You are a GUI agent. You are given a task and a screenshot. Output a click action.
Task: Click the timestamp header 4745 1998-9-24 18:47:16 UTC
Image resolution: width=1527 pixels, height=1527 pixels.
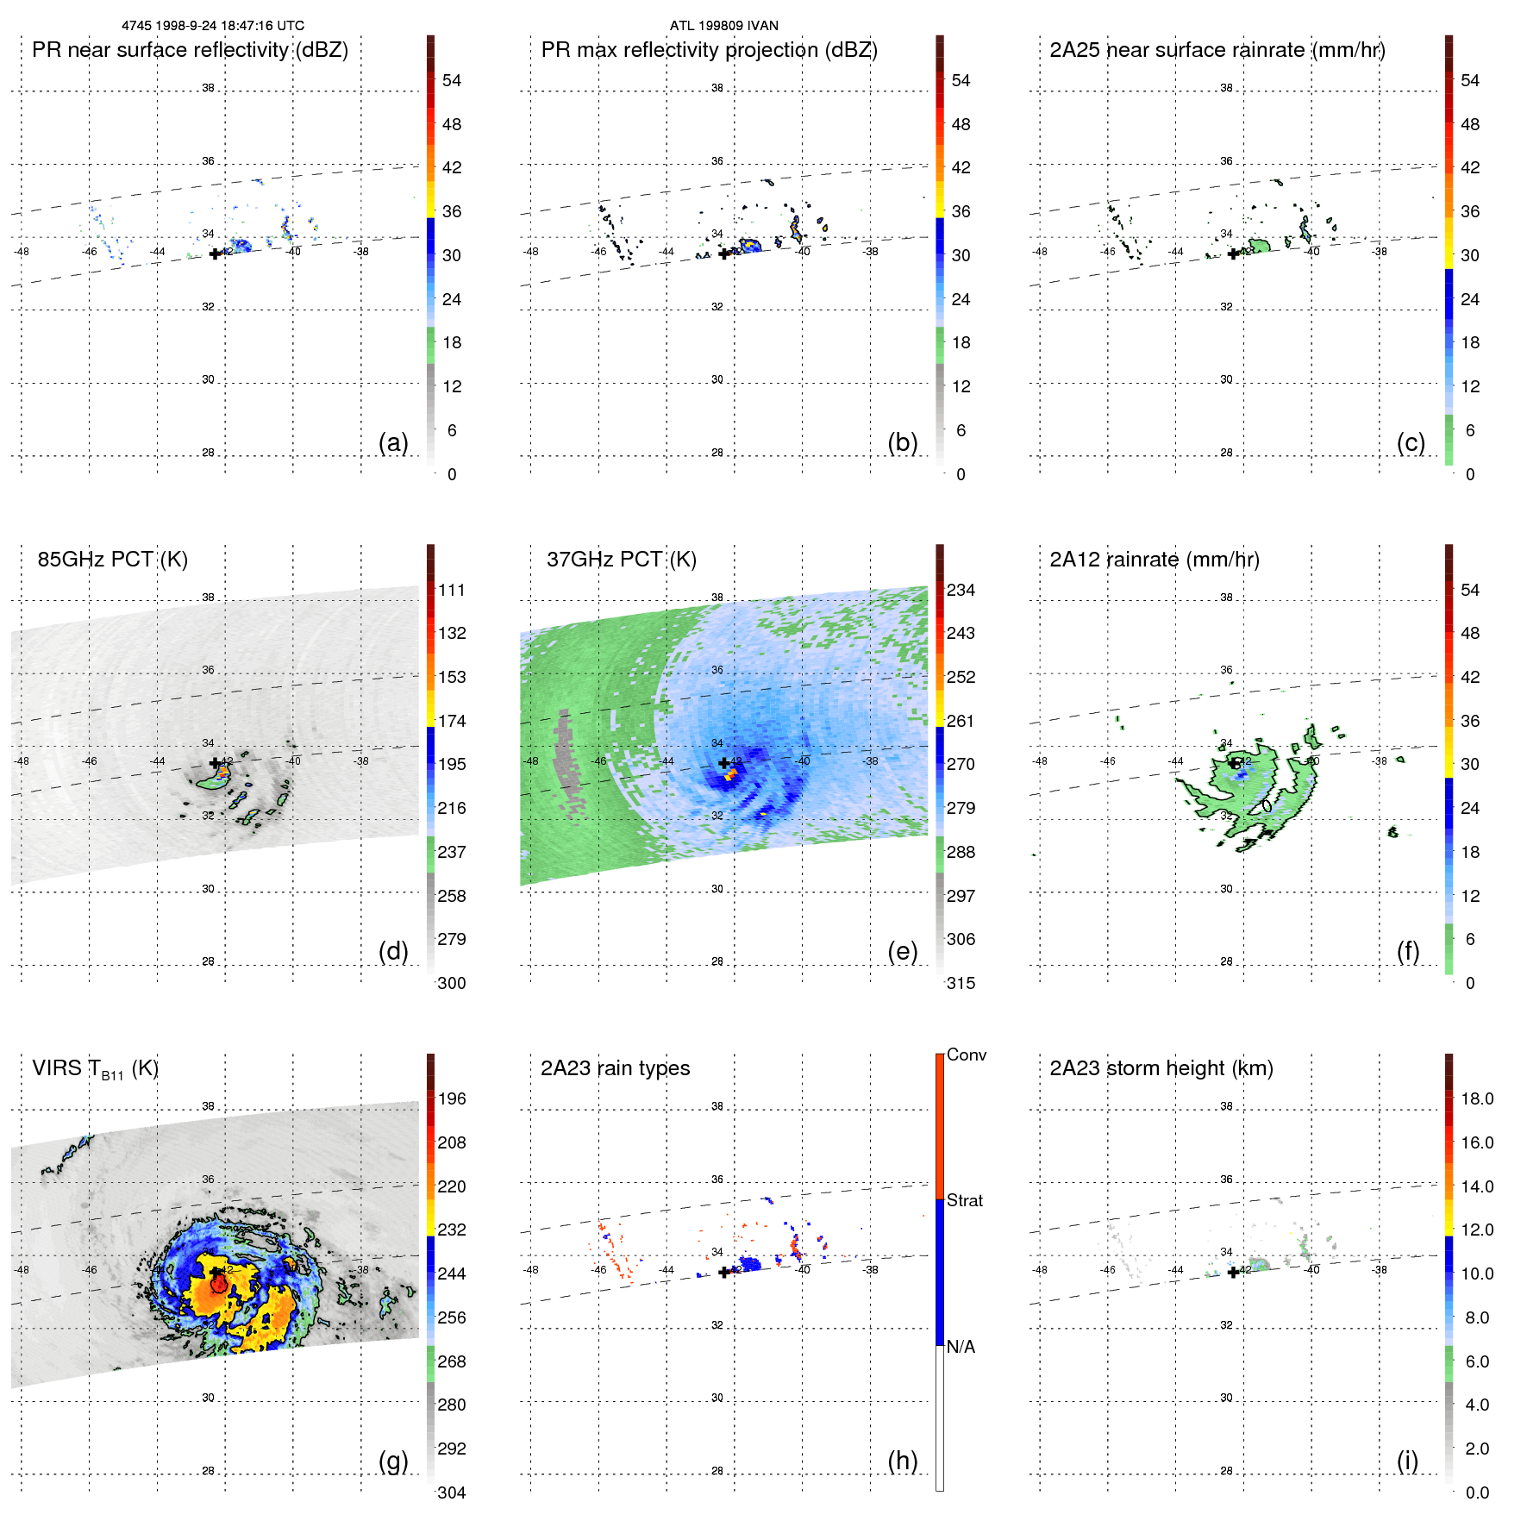click(212, 26)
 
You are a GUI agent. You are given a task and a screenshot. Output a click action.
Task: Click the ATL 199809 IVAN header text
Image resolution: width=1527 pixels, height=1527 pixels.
click(723, 26)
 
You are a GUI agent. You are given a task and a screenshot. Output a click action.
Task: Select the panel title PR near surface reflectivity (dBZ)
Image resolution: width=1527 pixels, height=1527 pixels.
click(190, 50)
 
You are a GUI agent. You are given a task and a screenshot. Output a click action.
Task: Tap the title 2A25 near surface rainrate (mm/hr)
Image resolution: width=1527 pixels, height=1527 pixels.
click(1217, 50)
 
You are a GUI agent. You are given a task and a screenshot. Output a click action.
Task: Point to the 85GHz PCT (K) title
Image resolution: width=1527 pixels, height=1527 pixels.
click(112, 560)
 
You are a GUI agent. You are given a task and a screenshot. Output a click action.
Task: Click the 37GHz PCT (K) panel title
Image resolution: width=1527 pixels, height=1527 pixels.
click(621, 560)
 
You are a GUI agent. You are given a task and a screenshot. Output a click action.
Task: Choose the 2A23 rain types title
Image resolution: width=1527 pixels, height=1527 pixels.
click(615, 1068)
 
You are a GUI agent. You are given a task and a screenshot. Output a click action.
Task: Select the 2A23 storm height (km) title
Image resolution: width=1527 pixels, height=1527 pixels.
click(1161, 1068)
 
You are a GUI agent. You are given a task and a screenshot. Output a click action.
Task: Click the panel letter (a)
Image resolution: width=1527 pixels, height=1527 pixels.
click(393, 442)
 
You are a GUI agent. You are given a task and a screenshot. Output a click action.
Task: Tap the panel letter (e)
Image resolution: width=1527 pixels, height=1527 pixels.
click(902, 951)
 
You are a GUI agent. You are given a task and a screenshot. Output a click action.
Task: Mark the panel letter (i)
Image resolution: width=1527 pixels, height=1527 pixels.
click(1407, 1461)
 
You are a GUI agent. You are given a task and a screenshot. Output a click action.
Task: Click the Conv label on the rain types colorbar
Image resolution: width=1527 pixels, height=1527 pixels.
click(966, 1055)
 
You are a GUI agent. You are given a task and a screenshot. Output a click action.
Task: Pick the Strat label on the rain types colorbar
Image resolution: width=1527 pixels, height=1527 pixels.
click(964, 1200)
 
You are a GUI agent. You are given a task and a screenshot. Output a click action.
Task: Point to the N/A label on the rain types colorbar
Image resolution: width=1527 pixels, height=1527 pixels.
click(961, 1347)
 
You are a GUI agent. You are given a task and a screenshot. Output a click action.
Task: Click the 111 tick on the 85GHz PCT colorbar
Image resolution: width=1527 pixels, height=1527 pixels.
click(452, 590)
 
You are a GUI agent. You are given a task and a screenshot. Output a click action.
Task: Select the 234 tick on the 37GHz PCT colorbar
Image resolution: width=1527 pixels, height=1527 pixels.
click(961, 590)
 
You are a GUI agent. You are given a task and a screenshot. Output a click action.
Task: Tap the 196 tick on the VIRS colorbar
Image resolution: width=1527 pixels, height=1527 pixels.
click(452, 1098)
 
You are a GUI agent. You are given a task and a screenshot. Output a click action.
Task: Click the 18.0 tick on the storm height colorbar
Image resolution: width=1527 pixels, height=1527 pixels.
click(1476, 1098)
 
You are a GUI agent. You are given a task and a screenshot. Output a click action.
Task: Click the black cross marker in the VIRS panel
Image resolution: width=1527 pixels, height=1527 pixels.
click(215, 1272)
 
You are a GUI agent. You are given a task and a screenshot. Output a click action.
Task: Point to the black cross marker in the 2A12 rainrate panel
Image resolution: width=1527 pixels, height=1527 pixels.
click(1233, 763)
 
